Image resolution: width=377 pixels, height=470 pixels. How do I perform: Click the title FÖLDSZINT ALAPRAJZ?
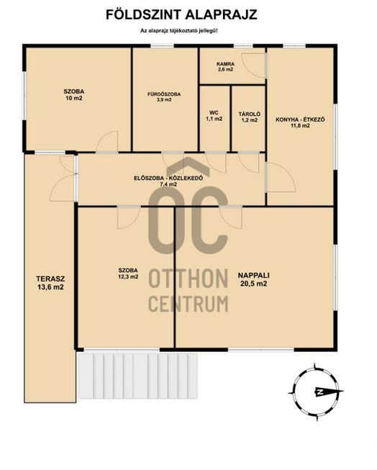pos(181,14)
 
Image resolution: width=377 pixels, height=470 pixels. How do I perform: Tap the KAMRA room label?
pos(225,64)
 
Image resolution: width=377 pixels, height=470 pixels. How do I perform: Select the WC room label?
pos(214,113)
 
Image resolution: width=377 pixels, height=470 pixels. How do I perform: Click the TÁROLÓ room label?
pos(250,114)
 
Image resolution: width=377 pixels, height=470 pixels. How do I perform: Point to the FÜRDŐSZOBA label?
pos(164,94)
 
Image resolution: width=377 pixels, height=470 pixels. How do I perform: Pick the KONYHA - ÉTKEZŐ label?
pos(300,119)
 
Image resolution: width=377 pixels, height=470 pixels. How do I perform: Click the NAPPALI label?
pos(253,276)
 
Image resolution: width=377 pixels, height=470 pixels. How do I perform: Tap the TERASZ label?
pos(50,279)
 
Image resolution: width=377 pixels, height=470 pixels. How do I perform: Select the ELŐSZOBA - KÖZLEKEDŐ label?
pos(168,178)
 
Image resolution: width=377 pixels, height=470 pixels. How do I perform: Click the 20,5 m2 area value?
pos(253,284)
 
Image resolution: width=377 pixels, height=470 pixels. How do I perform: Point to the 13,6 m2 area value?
pos(50,287)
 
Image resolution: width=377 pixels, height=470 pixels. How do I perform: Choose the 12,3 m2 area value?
pos(128,277)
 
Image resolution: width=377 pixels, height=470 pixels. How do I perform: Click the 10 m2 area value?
pos(74,99)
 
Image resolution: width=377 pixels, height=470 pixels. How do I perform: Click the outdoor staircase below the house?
pos(137,376)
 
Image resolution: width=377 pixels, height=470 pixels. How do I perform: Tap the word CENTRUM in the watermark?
pos(188,304)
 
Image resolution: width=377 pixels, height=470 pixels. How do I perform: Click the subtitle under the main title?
pos(179,30)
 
